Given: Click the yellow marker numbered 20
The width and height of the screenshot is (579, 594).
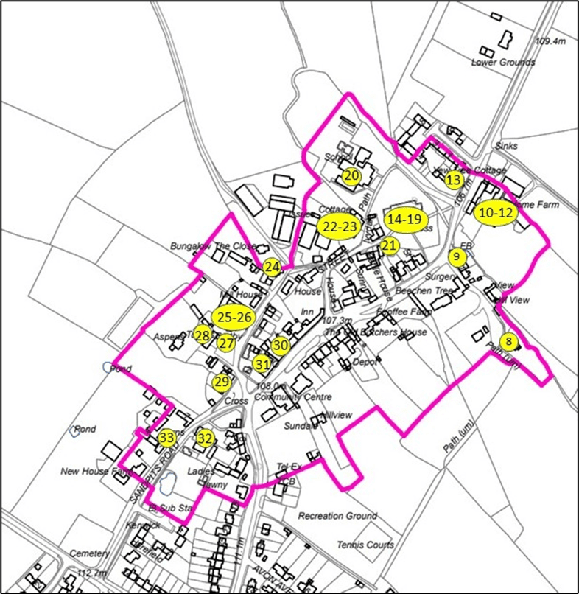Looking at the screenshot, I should (x=351, y=175).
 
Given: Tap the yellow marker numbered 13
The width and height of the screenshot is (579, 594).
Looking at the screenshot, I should (x=454, y=179).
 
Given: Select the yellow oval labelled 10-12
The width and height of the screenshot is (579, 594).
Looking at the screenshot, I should (x=494, y=212).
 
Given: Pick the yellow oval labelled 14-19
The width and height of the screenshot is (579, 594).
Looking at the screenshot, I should (x=404, y=220).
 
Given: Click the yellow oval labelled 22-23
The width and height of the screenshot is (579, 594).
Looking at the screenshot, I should (x=339, y=227).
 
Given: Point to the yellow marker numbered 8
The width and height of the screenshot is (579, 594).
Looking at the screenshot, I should (x=508, y=341).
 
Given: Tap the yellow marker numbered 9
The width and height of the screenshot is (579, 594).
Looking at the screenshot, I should (x=457, y=256).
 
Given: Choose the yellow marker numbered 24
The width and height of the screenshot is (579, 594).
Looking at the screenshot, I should (x=273, y=268).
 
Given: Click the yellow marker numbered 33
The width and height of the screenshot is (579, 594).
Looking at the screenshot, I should (x=167, y=438).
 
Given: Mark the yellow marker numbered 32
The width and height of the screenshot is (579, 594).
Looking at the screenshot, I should (x=205, y=438).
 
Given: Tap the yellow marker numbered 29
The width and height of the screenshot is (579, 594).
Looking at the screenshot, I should (x=222, y=382).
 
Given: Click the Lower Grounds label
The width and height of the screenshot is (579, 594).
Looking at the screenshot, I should (x=503, y=63).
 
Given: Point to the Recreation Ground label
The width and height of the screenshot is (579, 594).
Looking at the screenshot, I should (x=337, y=516).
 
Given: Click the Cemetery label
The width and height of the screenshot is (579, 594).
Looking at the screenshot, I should (x=89, y=553).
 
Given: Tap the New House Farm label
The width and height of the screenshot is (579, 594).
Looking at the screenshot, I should (x=94, y=472).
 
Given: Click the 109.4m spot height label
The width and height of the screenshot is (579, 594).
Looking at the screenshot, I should (x=550, y=41).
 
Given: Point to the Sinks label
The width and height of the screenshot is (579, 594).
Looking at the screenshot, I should (x=507, y=146).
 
